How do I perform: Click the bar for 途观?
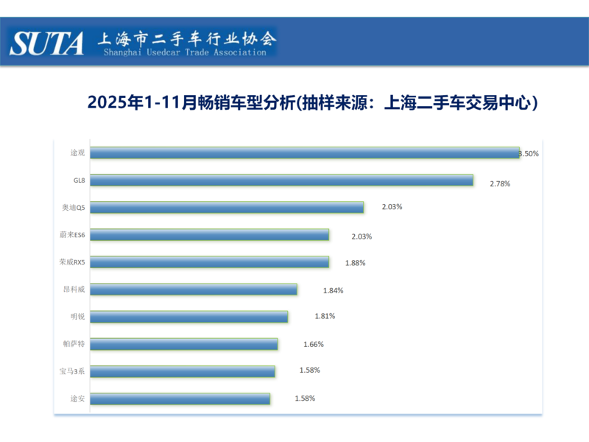click(x=306, y=153)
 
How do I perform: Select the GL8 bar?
click(x=282, y=180)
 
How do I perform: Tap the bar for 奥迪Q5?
click(x=228, y=208)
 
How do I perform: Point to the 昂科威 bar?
click(x=194, y=290)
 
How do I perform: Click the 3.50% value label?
click(x=529, y=154)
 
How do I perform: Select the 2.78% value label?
click(x=500, y=183)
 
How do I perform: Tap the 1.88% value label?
click(x=355, y=263)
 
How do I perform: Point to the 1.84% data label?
click(x=333, y=290)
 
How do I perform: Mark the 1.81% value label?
click(x=325, y=316)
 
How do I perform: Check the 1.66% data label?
click(x=314, y=344)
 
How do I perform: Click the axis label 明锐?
click(x=77, y=317)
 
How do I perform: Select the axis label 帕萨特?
click(x=75, y=344)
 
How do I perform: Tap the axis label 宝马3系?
click(x=74, y=371)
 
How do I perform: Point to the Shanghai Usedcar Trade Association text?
click(x=185, y=52)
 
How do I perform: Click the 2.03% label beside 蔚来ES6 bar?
click(x=361, y=236)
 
